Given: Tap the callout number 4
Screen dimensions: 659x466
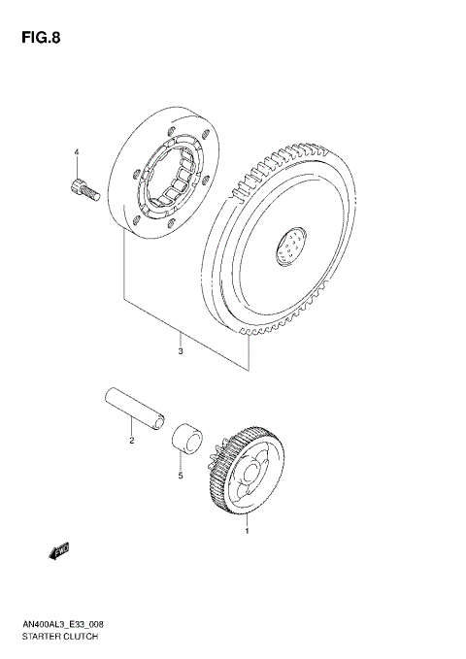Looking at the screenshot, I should point(76,153).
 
